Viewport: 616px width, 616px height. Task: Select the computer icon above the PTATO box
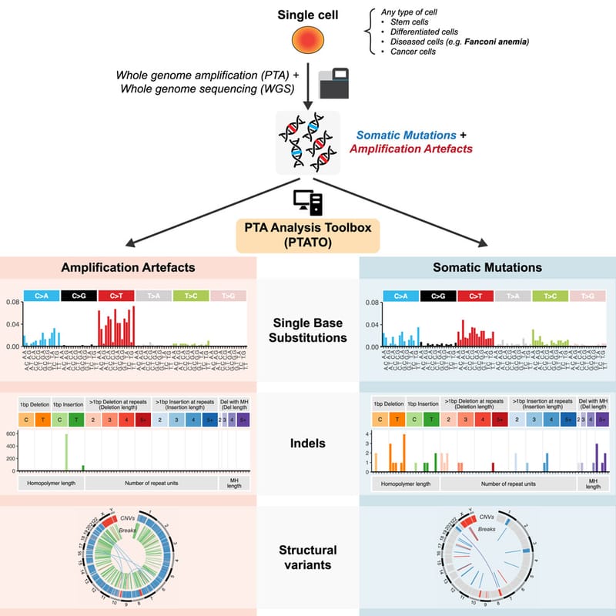coord(308,202)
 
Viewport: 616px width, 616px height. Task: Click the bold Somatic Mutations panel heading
coord(488,267)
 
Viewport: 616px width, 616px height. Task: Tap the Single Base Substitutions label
coord(307,330)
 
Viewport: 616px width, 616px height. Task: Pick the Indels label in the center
coord(307,443)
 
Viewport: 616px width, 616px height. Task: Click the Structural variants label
coord(307,557)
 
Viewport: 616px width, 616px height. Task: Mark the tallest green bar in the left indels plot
coord(66,452)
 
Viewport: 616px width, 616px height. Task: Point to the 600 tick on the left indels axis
coord(11,434)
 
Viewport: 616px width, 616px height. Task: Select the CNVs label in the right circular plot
coord(487,517)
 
